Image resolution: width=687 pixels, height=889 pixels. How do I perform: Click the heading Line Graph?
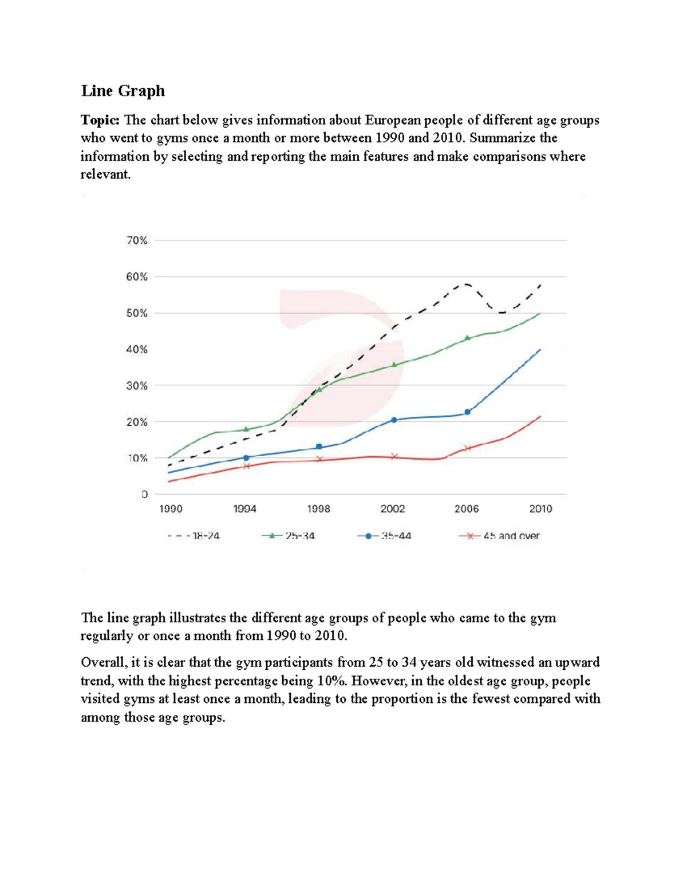[x=123, y=91]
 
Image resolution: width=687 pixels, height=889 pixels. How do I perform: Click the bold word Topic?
[x=100, y=120]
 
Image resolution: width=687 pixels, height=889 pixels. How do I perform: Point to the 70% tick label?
[x=137, y=240]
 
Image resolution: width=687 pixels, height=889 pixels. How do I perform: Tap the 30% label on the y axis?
[x=137, y=386]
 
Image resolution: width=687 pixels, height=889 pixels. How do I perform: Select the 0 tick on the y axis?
[x=145, y=494]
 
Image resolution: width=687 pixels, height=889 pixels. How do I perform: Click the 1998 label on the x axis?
[x=319, y=509]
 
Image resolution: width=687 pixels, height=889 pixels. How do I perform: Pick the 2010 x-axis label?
[x=540, y=509]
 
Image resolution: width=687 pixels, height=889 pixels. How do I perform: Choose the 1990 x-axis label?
[x=171, y=509]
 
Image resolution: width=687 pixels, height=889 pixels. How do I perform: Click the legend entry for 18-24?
[x=194, y=536]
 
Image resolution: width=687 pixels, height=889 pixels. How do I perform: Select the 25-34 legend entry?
[x=289, y=536]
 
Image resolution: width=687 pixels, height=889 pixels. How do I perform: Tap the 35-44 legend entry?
[x=384, y=536]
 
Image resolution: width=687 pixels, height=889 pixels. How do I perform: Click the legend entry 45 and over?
[x=499, y=536]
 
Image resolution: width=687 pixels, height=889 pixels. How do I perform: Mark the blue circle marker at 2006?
[x=468, y=412]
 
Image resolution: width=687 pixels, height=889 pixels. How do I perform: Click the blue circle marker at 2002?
[x=394, y=420]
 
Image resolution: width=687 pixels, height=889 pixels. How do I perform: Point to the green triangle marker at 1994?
[x=246, y=429]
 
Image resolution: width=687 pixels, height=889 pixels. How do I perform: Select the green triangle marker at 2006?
[x=467, y=338]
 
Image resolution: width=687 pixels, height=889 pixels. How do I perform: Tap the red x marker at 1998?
[x=319, y=459]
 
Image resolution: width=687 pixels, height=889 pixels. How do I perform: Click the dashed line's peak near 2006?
[x=467, y=284]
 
